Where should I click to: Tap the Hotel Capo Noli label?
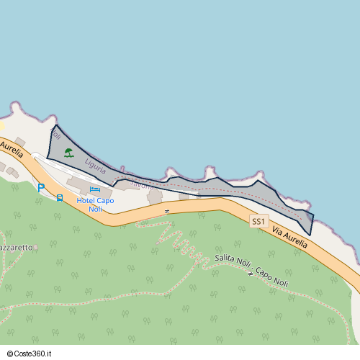click(95, 204)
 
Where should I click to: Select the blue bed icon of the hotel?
click(95, 189)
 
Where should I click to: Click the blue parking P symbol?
click(41, 188)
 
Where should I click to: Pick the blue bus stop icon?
click(59, 197)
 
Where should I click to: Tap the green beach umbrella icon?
click(68, 152)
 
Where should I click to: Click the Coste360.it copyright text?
click(35, 354)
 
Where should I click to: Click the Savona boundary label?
click(141, 186)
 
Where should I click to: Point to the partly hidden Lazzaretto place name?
click(16, 247)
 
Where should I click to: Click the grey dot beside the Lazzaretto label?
click(36, 247)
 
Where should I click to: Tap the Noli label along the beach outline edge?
click(56, 135)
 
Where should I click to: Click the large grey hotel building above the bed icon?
click(79, 183)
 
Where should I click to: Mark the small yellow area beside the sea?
click(2, 125)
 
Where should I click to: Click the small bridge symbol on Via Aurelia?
click(166, 210)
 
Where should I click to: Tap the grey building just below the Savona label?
click(155, 197)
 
